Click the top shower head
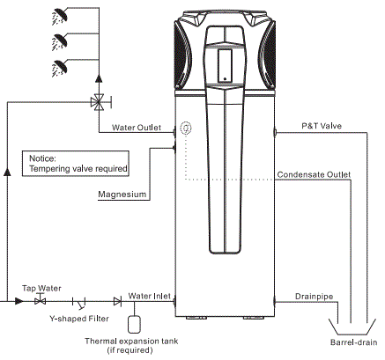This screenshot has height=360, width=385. pyautogui.click(x=58, y=14)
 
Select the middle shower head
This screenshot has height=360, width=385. pyautogui.click(x=58, y=39)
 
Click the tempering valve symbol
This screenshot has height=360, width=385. pyautogui.click(x=97, y=102)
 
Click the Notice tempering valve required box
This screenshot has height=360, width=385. pyautogui.click(x=77, y=162)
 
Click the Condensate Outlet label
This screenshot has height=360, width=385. pyautogui.click(x=313, y=174)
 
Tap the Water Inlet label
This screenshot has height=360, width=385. pyautogui.click(x=149, y=296)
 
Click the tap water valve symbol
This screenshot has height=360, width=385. pyautogui.click(x=39, y=301)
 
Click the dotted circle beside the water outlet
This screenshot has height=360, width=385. pyautogui.click(x=185, y=128)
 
